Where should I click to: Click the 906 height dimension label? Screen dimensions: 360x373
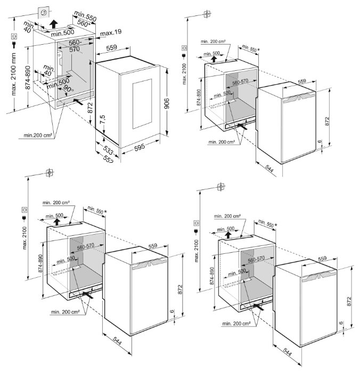167,103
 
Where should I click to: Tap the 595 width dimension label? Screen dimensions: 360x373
140,147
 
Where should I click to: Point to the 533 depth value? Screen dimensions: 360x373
108,150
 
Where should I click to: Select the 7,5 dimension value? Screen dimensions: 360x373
102,120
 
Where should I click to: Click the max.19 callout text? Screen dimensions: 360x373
111,32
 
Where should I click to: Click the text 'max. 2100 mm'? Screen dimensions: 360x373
13,74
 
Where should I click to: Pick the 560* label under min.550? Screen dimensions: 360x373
84,23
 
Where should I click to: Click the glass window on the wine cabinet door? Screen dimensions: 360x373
142,104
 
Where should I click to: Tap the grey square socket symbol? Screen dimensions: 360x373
45,13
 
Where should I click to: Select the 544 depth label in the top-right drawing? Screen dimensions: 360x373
269,169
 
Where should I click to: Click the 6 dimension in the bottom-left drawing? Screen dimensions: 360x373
172,311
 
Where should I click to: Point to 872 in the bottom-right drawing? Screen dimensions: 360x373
349,301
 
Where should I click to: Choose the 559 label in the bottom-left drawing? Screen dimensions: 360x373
153,246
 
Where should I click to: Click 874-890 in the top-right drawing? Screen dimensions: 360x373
199,97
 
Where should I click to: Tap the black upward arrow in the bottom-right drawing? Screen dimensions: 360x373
228,235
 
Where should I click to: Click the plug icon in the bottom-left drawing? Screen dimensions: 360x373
24,218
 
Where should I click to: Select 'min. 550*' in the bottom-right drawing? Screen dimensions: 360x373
268,223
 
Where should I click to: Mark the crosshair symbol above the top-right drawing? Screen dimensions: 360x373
207,14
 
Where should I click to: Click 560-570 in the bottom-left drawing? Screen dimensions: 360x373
86,246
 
